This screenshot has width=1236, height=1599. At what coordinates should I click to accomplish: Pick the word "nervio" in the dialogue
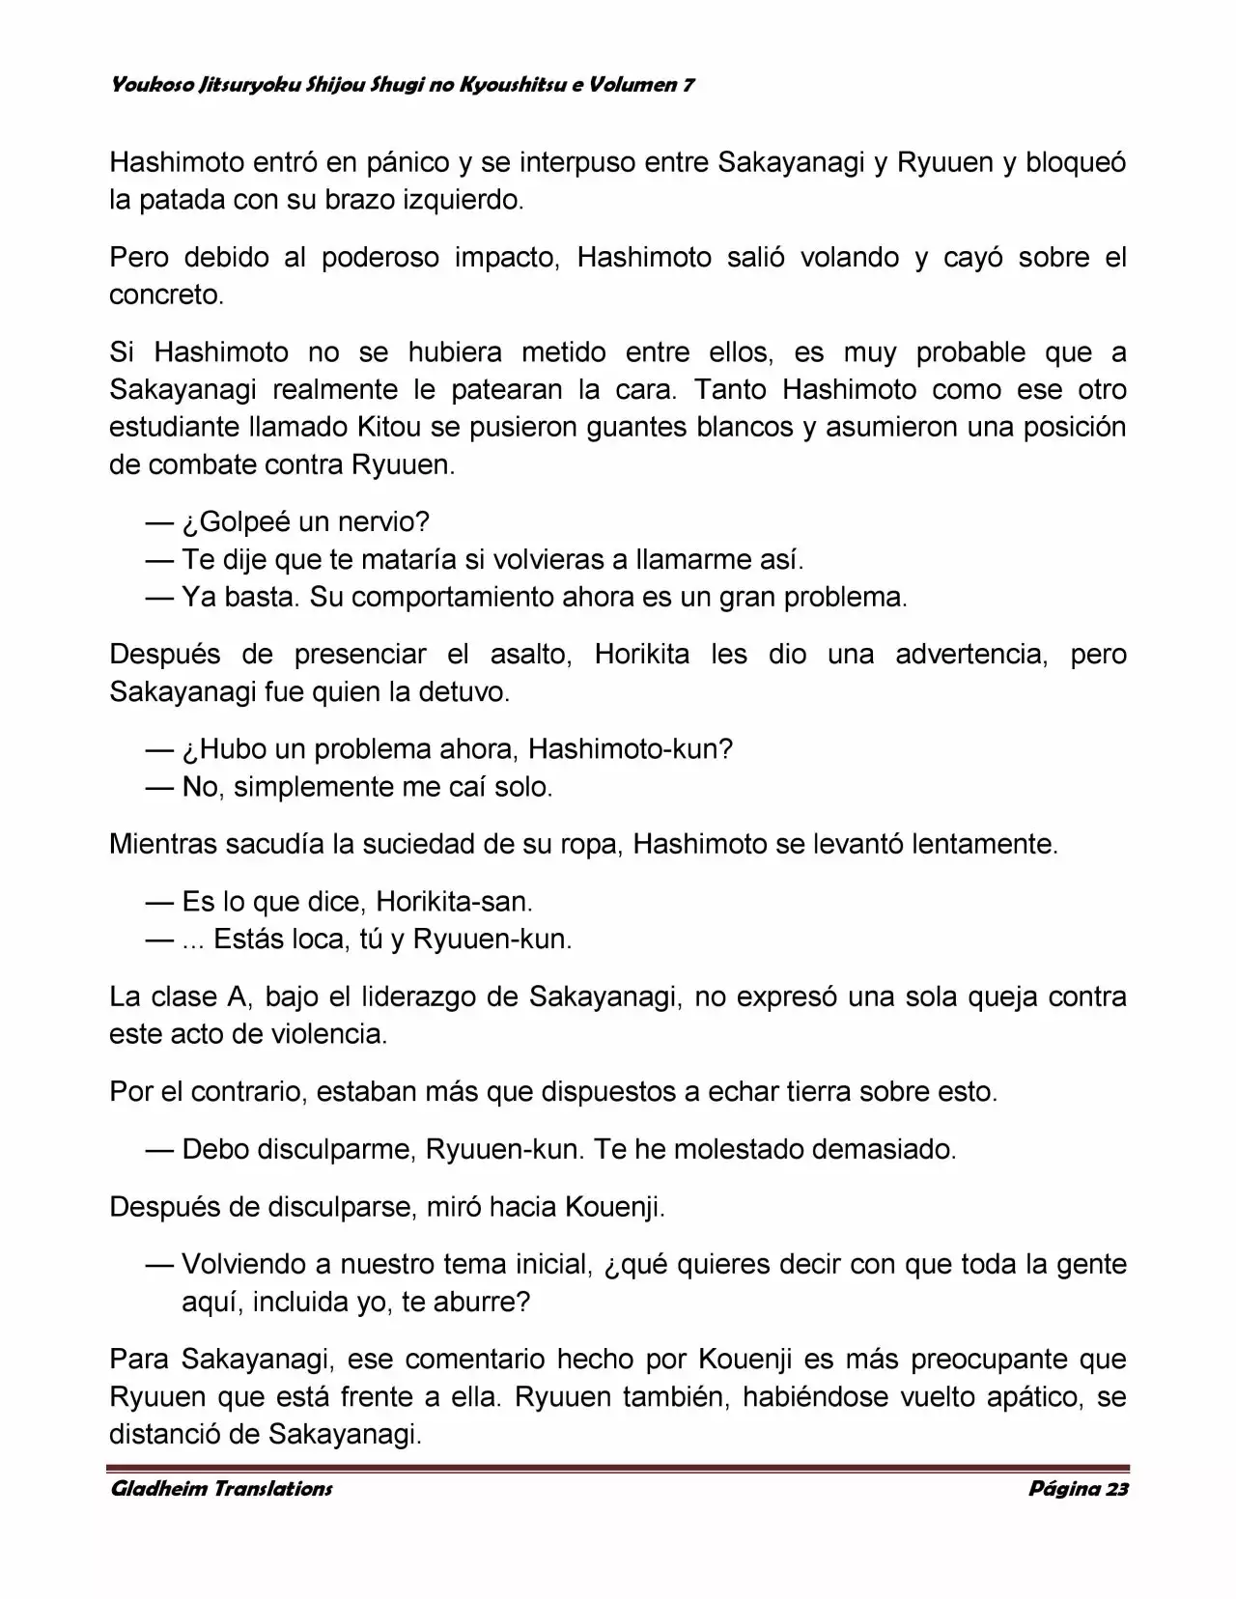[x=383, y=522]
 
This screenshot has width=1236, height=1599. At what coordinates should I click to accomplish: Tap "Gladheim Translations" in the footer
[x=221, y=1488]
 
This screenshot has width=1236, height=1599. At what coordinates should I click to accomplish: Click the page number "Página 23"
[x=1078, y=1488]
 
